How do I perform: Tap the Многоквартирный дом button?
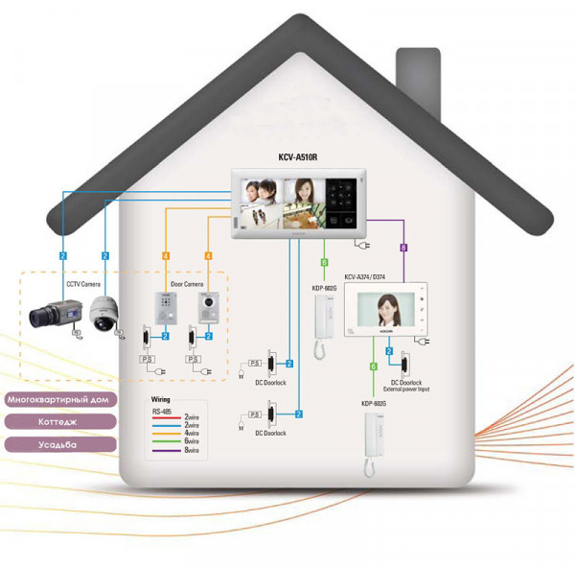[x=60, y=398]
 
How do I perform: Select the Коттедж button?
[x=60, y=421]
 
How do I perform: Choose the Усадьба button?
[x=60, y=444]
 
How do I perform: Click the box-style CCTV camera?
[x=50, y=313]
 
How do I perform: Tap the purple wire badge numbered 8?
[x=403, y=248]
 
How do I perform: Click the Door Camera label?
[x=187, y=284]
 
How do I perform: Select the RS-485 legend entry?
[x=162, y=411]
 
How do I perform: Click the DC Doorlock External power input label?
[x=407, y=387]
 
